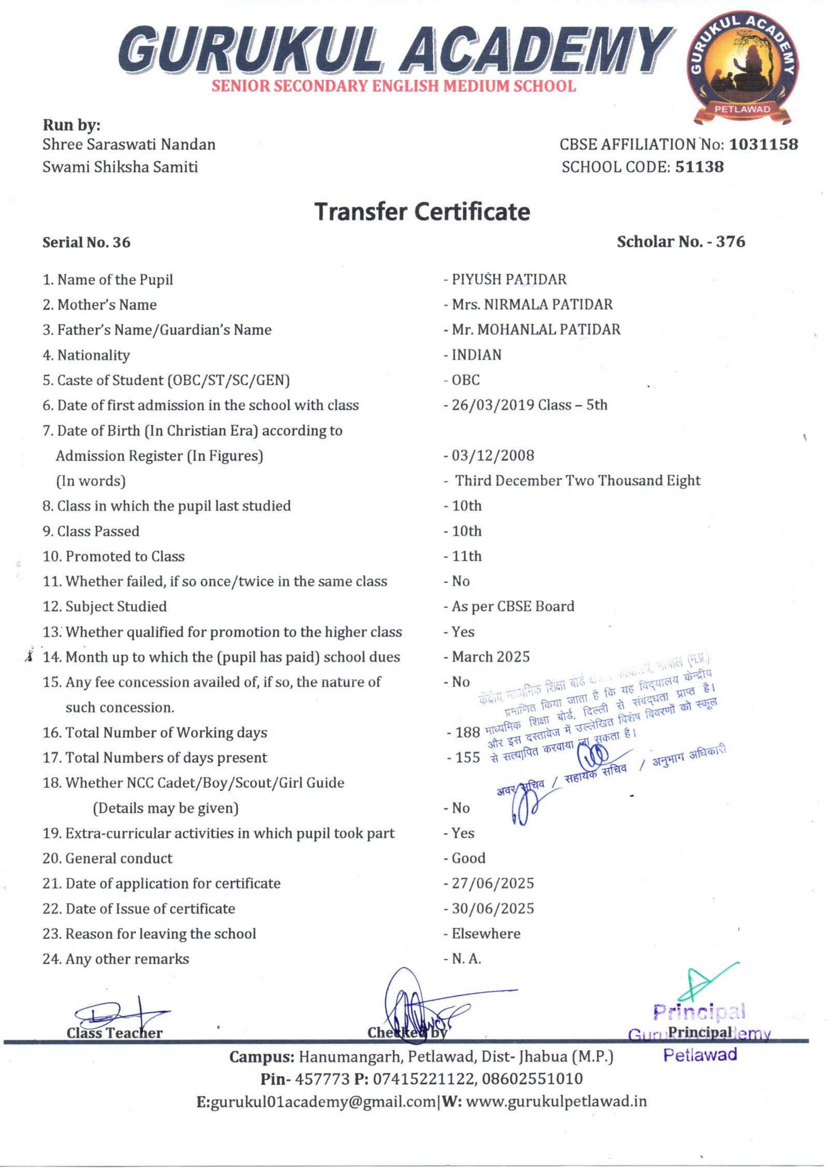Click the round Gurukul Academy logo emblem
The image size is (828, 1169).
click(x=742, y=67)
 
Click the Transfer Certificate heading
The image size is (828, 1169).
click(x=422, y=212)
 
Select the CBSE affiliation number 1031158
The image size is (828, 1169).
click(x=763, y=144)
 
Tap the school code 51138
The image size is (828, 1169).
click(x=699, y=167)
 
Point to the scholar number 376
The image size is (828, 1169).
click(x=730, y=242)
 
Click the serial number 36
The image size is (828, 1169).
click(x=122, y=243)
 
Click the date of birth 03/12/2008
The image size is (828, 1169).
click(x=493, y=456)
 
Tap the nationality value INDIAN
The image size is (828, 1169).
click(x=476, y=355)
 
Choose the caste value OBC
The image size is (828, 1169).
click(x=466, y=380)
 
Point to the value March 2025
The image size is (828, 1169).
click(x=491, y=657)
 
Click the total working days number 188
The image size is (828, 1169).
click(x=468, y=732)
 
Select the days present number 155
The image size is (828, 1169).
click(x=468, y=758)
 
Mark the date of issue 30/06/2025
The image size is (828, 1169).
click(x=493, y=909)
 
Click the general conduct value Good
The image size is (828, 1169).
click(x=468, y=858)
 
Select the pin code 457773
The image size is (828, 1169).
click(x=322, y=1079)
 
